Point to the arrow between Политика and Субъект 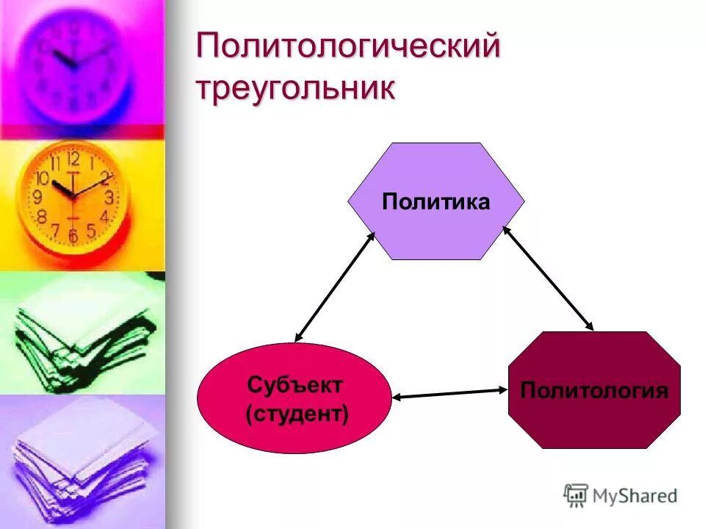pos(335,287)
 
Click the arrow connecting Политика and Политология pos(548,277)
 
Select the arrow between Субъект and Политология pos(449,394)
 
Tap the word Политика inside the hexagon pos(435,202)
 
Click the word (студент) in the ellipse pos(297,413)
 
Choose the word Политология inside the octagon pos(594,390)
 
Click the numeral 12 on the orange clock pos(73,158)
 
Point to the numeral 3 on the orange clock pos(109,197)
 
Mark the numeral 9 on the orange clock pos(37,197)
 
